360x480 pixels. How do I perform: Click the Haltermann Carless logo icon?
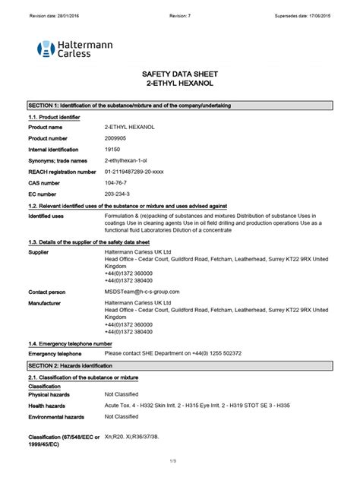click(x=46, y=50)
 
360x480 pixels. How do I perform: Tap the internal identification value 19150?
click(x=113, y=150)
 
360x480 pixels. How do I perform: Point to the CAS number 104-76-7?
click(x=116, y=183)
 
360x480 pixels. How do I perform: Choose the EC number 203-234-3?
click(x=118, y=194)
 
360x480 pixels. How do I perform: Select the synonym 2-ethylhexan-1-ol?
click(x=127, y=161)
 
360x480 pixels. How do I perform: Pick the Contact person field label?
click(x=47, y=292)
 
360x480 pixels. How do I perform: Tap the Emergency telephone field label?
click(x=55, y=354)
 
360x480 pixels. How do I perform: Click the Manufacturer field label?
click(x=46, y=302)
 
